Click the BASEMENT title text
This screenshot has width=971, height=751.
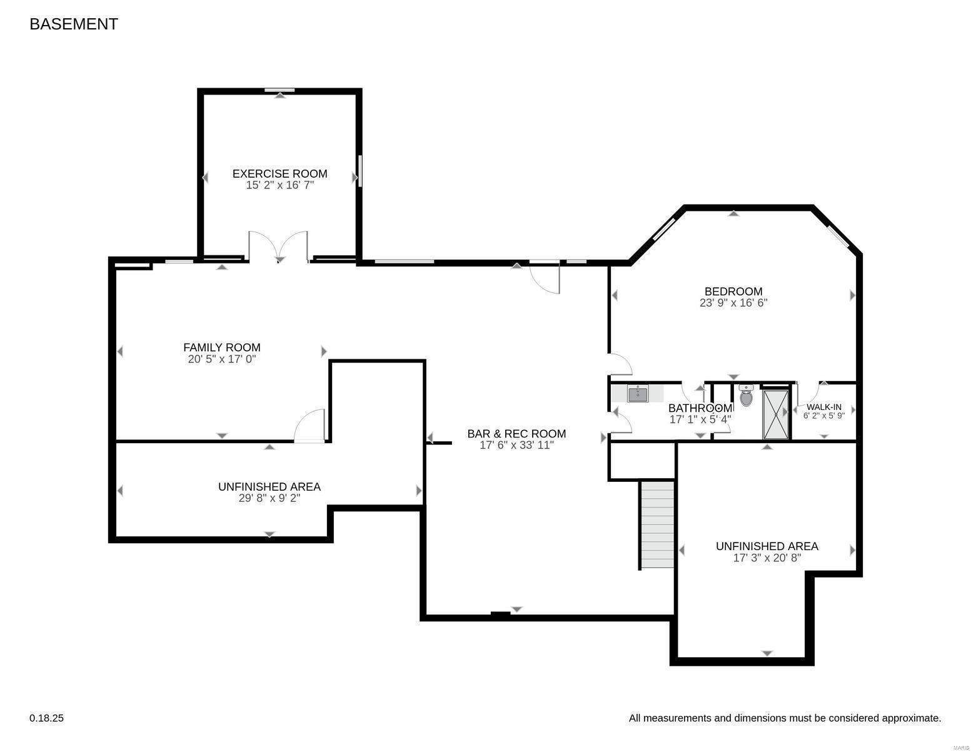click(x=74, y=24)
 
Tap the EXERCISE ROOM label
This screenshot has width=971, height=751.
click(x=279, y=173)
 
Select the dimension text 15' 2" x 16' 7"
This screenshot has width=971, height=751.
click(x=279, y=185)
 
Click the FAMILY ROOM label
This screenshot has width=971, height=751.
click(x=221, y=347)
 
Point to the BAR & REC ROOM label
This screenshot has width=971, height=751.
click(x=516, y=434)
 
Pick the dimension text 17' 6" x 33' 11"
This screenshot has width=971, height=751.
click(x=516, y=446)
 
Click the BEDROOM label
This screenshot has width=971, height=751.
click(x=733, y=291)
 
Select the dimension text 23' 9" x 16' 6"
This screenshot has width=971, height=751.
click(x=733, y=303)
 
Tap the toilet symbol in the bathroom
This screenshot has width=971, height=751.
click(x=746, y=396)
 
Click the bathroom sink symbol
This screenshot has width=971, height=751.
click(x=638, y=394)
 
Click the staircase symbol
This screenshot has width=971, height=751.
click(x=657, y=524)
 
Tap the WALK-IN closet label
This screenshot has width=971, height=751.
click(x=823, y=407)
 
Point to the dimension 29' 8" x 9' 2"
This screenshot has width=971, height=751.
click(x=269, y=498)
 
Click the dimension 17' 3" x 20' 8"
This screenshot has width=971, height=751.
click(x=767, y=558)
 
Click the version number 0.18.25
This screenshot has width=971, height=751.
click(x=46, y=718)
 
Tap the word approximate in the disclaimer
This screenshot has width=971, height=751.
click(x=910, y=718)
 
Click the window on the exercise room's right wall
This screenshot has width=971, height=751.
click(x=360, y=170)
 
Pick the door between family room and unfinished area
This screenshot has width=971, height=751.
click(x=310, y=427)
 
